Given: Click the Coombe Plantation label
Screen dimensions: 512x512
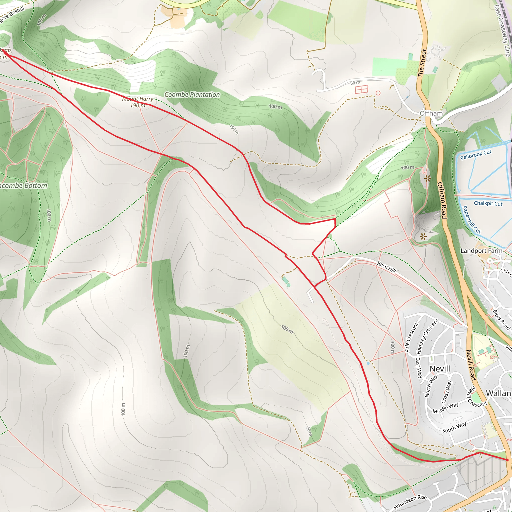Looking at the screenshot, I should (x=192, y=94).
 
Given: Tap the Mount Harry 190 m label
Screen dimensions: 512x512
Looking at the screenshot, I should (x=138, y=102).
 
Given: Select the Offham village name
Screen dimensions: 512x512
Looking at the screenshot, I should (x=431, y=113).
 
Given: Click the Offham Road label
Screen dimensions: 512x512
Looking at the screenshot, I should (x=442, y=200).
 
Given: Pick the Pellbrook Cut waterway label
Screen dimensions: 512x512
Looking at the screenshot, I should (x=476, y=155).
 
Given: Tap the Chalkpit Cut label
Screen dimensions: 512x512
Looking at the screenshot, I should (x=488, y=203).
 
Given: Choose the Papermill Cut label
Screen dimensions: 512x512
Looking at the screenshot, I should (x=471, y=219).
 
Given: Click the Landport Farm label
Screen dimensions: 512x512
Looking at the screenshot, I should (x=481, y=251).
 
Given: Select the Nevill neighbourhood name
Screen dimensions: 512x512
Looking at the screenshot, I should (x=440, y=369).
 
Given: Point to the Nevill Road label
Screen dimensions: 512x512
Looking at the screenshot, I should (x=471, y=365).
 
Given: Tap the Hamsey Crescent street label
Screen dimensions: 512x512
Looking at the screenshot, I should (x=427, y=336).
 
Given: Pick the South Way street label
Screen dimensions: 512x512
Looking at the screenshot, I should (x=454, y=428).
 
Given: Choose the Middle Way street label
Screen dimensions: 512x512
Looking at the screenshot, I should (x=445, y=408).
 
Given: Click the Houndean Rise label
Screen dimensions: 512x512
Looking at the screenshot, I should (x=410, y=502).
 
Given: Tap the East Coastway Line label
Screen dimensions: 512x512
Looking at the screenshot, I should (x=502, y=30).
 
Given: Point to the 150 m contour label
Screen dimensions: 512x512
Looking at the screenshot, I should (x=234, y=129).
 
